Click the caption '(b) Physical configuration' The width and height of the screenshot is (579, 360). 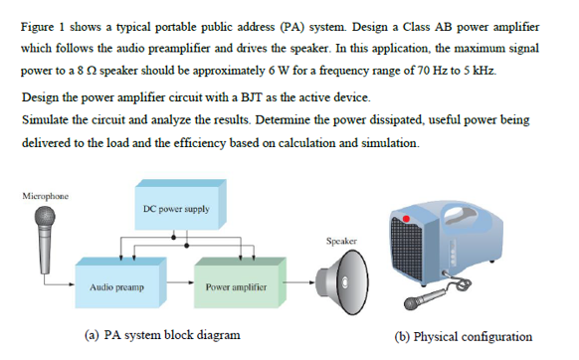click(464, 335)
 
